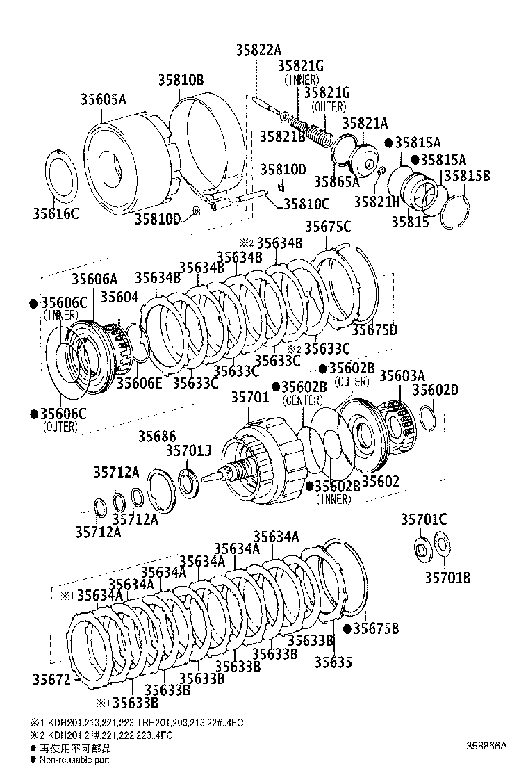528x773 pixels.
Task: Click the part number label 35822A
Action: [258, 50]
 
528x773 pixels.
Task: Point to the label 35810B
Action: [179, 81]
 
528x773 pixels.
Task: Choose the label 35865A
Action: [336, 182]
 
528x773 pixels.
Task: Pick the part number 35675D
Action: [374, 329]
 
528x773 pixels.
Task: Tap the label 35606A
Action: [95, 279]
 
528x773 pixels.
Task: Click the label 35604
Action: [119, 298]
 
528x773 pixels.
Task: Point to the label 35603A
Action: [402, 376]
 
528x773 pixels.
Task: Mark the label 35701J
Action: [188, 450]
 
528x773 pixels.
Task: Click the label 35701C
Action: [423, 519]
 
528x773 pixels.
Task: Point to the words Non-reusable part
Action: [75, 760]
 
